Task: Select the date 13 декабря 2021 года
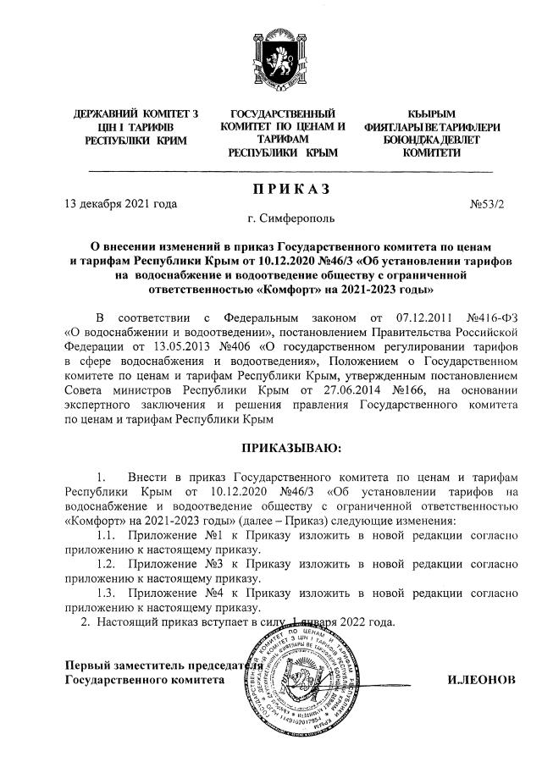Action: (x=122, y=204)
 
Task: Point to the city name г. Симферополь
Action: (x=280, y=218)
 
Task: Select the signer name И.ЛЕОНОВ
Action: (x=479, y=679)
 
